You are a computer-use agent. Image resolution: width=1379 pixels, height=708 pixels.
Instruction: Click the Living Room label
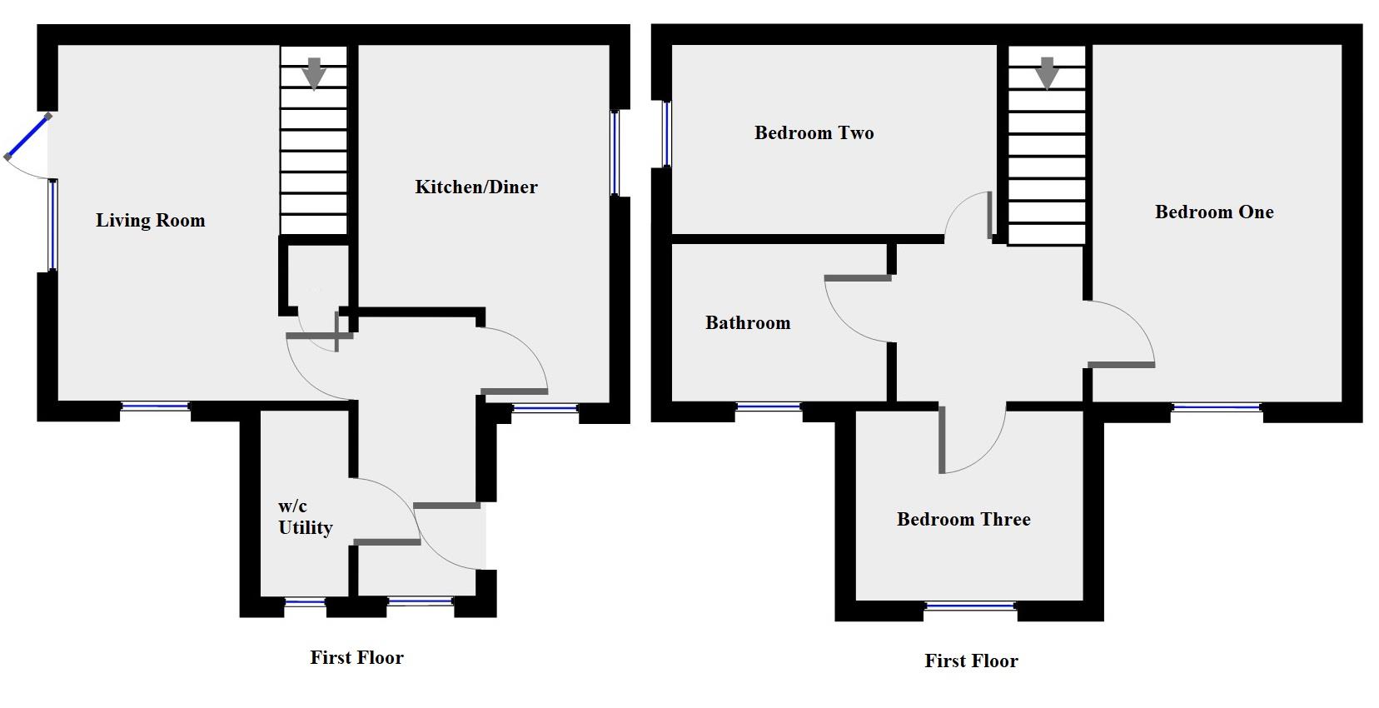(x=150, y=221)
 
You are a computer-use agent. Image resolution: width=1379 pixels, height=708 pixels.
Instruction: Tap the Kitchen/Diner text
(x=476, y=187)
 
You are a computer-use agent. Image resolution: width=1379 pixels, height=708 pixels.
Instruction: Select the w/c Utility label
(x=305, y=517)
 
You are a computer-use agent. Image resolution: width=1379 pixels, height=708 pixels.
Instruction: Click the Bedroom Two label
(x=814, y=133)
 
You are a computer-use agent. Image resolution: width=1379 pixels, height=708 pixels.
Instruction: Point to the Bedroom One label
(x=1213, y=212)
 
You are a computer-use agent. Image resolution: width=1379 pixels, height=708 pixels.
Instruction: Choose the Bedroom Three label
(x=963, y=520)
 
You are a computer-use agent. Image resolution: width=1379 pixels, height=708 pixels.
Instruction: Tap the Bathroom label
(x=747, y=323)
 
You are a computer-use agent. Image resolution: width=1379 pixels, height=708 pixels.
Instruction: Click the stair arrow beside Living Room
(x=314, y=73)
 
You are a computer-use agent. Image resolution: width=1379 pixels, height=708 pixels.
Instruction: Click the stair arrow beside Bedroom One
(x=1047, y=73)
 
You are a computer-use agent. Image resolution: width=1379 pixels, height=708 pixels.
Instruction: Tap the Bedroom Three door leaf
(x=942, y=439)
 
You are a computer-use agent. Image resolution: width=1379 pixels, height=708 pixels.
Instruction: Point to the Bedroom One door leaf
(x=1121, y=364)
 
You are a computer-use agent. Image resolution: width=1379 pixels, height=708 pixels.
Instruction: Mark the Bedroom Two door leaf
(x=989, y=215)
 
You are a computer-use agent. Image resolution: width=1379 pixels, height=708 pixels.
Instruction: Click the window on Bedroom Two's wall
(x=666, y=134)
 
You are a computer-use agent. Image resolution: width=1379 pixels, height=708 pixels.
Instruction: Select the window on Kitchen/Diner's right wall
(x=615, y=153)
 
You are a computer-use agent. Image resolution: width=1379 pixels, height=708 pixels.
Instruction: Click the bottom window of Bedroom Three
(x=970, y=606)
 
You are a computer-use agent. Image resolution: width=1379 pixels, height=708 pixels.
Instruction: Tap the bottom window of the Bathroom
(x=768, y=407)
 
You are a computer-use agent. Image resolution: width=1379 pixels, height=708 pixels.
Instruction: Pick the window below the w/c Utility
(x=305, y=601)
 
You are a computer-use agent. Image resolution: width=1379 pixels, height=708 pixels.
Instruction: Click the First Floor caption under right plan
(x=971, y=661)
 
